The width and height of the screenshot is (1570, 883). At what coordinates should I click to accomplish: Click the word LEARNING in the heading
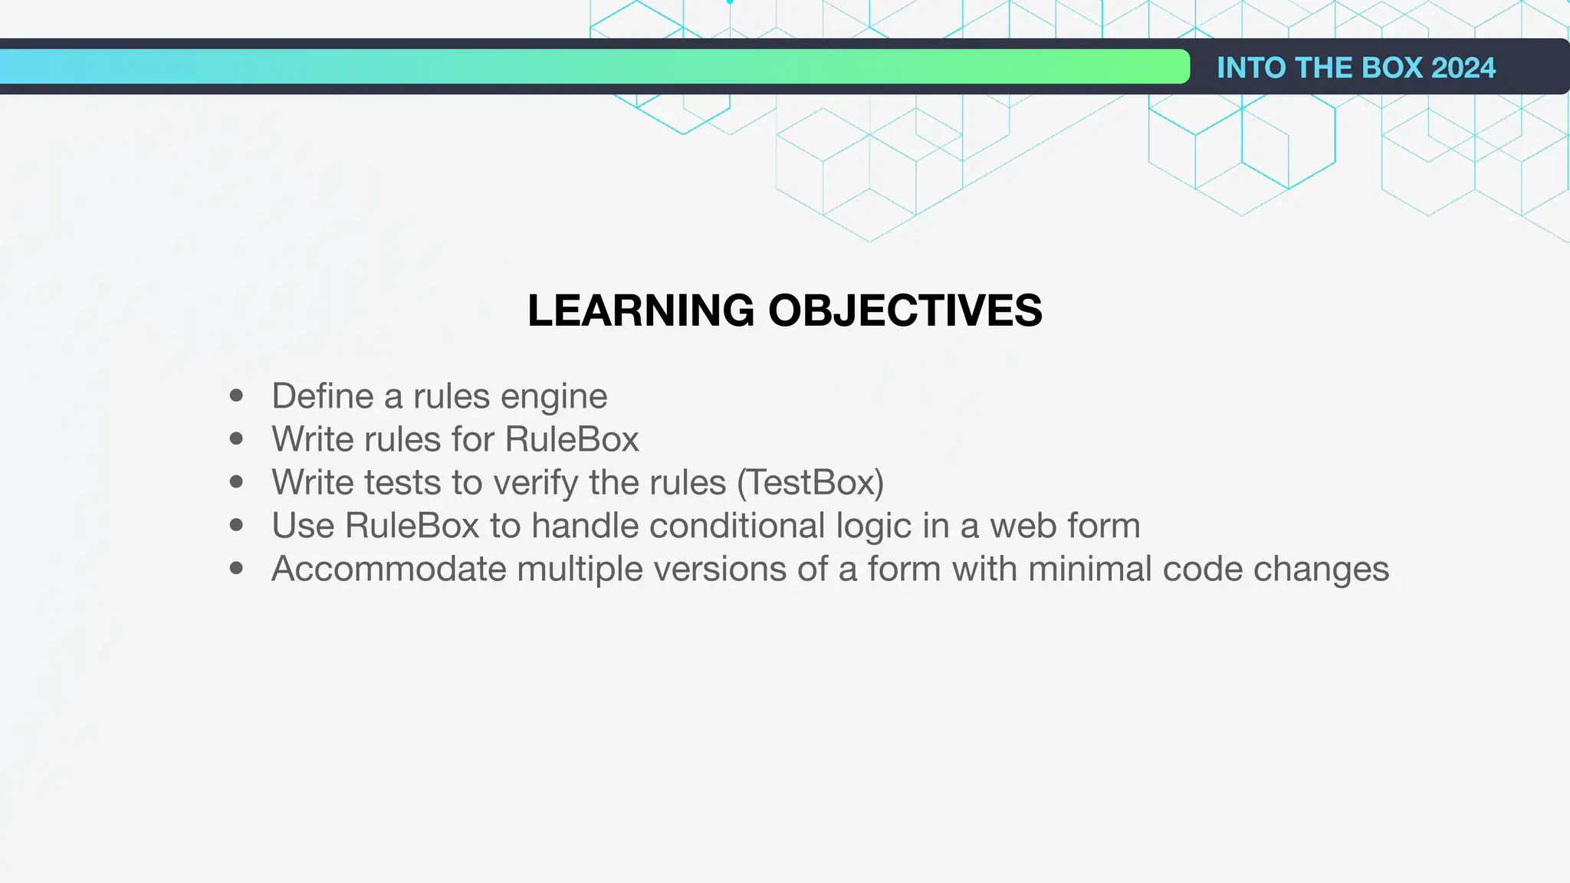[x=641, y=310]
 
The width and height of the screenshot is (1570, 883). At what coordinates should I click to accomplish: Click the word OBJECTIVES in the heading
[x=905, y=310]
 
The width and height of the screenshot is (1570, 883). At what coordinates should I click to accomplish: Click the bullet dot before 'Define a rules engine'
[x=236, y=396]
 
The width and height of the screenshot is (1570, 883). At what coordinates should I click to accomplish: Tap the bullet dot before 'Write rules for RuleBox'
[x=236, y=438]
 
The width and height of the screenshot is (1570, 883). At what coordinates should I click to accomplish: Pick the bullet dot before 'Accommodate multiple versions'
[x=236, y=568]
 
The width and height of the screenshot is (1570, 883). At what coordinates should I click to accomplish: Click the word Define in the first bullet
[x=323, y=396]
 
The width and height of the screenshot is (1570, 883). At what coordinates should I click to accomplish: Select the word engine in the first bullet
[x=553, y=396]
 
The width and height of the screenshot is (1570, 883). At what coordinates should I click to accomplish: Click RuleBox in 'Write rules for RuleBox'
[x=572, y=439]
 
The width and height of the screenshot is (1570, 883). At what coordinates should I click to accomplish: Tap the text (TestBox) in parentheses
[x=810, y=483]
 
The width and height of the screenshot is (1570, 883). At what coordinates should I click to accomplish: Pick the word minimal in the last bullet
[x=1090, y=569]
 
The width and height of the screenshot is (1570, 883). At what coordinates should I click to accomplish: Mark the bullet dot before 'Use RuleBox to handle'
[x=236, y=525]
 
